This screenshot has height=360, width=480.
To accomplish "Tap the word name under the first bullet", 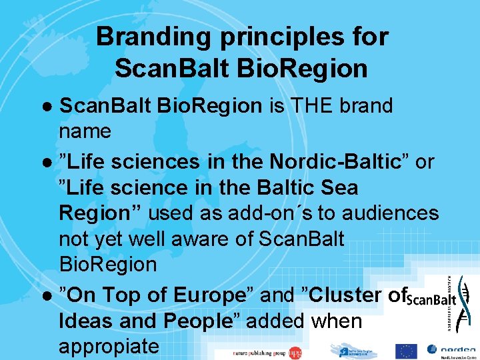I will pyautogui.click(x=85, y=131).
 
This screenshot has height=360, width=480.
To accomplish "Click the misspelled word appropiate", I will pyautogui.click(x=109, y=347).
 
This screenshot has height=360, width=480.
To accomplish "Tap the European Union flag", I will pyautogui.click(x=407, y=351).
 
